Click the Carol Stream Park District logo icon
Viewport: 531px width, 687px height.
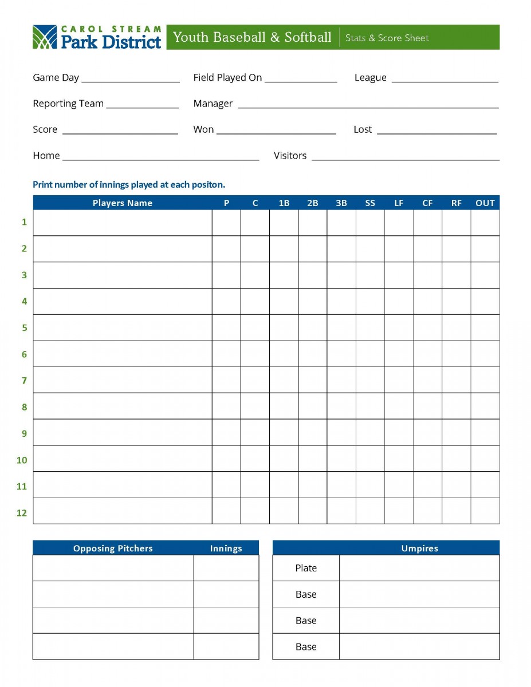tap(45, 37)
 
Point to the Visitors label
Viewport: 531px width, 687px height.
tap(290, 156)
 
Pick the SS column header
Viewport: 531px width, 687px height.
tap(370, 203)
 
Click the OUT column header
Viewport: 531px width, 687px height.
tap(485, 203)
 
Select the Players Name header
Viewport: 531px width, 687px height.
tap(123, 203)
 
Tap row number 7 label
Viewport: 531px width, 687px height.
tap(24, 381)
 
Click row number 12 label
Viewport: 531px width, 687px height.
tap(22, 513)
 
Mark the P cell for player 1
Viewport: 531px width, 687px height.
tap(226, 223)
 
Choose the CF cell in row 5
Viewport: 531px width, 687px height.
tap(427, 327)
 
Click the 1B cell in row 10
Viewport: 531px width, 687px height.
tap(284, 459)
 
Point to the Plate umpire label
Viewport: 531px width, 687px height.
tap(306, 568)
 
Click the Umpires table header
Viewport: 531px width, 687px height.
tap(419, 548)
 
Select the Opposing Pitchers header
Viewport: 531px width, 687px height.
tap(113, 548)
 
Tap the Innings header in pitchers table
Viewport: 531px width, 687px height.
tap(226, 548)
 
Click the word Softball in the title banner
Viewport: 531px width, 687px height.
tap(308, 38)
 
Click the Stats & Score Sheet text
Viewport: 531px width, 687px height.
tap(387, 38)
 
